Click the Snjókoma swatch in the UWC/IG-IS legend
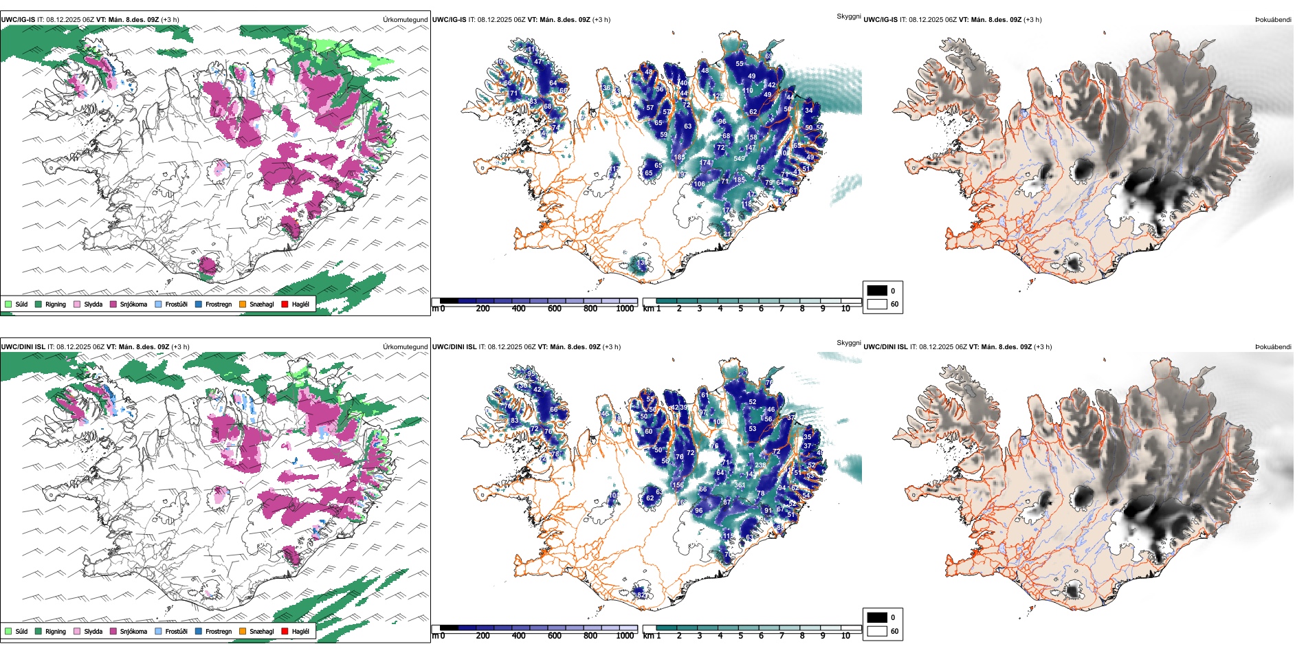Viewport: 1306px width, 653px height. click(x=113, y=304)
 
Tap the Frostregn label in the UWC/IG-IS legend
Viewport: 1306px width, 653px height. click(x=219, y=304)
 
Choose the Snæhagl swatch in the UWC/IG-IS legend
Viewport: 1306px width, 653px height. click(x=243, y=304)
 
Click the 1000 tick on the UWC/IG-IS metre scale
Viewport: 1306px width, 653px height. click(x=625, y=309)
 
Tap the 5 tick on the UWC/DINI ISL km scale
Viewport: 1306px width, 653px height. click(x=740, y=636)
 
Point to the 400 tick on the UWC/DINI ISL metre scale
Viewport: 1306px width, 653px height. click(x=519, y=636)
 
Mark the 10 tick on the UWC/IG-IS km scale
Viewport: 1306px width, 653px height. click(x=845, y=309)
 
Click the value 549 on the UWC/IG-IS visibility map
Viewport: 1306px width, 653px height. click(x=739, y=159)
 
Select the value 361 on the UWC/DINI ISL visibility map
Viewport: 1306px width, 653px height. click(x=740, y=485)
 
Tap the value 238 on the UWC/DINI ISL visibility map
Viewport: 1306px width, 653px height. click(x=760, y=465)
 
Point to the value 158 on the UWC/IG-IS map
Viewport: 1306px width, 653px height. click(x=752, y=137)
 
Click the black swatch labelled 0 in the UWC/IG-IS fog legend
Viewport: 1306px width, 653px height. click(x=877, y=291)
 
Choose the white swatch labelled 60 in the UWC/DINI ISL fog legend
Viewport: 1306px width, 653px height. click(x=877, y=631)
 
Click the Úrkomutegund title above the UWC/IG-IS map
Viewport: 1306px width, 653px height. click(x=405, y=20)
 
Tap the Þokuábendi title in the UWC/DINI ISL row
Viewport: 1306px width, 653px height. click(x=1273, y=347)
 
